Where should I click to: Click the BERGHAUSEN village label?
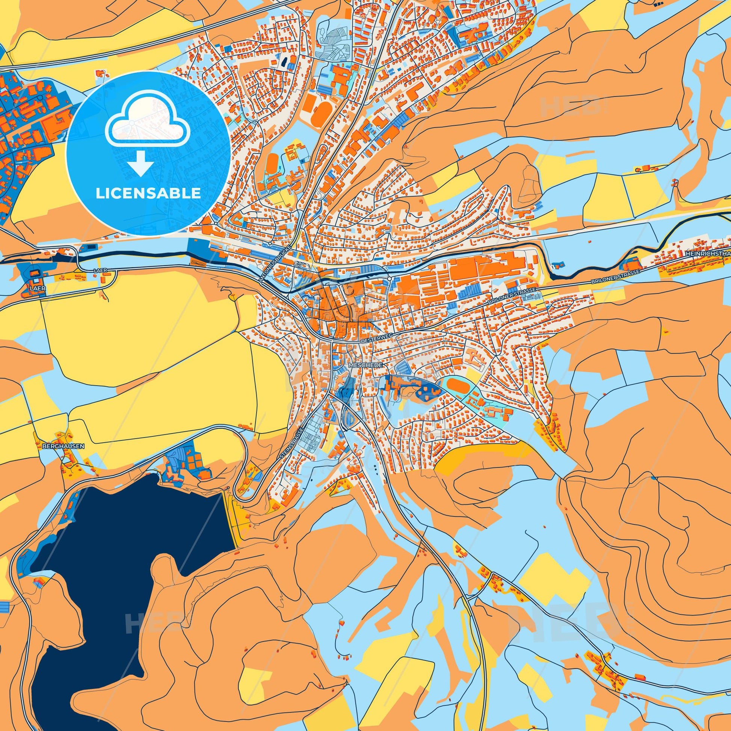(63, 446)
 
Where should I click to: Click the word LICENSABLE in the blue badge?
(148, 193)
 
